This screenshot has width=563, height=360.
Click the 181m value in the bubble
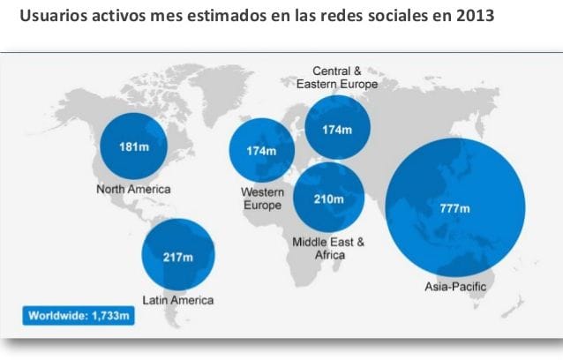tap(134, 146)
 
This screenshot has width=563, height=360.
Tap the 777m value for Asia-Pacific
tap(455, 208)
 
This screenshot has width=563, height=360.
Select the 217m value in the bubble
tap(178, 258)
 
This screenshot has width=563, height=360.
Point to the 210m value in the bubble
tap(329, 199)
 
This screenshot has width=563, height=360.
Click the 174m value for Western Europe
tap(261, 151)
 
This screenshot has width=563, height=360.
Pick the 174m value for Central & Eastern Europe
tap(337, 130)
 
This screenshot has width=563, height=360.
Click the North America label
tap(133, 189)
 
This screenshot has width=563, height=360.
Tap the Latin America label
tap(178, 300)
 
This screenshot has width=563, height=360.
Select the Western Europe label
tap(262, 199)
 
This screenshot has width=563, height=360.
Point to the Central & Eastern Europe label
tap(337, 78)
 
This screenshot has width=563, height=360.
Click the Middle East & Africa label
tap(328, 248)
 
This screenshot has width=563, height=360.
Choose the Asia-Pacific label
tap(455, 287)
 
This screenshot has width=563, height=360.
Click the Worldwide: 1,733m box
tap(79, 316)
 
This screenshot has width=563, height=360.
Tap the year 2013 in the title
tap(475, 16)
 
